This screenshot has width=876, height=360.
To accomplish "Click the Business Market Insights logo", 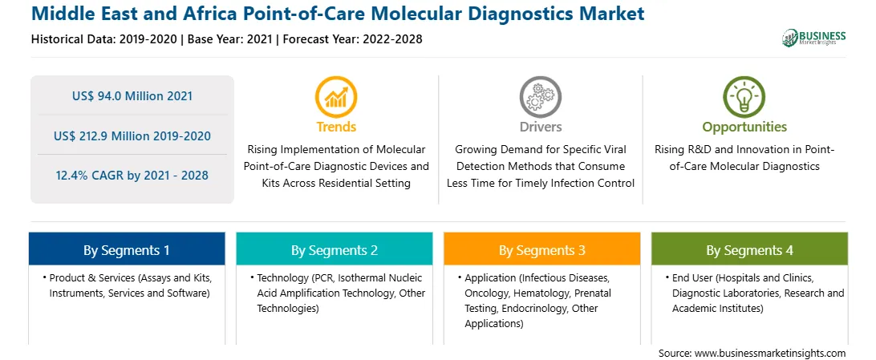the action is point(813,38).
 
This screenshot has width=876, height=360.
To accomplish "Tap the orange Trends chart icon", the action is point(336,97).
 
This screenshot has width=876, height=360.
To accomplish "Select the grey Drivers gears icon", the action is point(540,97).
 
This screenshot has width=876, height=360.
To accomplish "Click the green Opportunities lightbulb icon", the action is point(744,97).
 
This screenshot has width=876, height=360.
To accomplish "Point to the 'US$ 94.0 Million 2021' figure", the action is point(132,96).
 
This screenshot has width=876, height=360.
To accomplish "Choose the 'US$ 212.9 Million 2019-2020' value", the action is point(132,136).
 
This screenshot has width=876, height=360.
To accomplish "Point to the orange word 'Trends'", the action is point(336,127).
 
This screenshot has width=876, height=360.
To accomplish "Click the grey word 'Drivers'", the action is point(540,127).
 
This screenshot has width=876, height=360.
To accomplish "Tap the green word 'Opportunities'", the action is point(744,127).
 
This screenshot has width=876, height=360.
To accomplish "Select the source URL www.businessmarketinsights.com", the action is point(769,354).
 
